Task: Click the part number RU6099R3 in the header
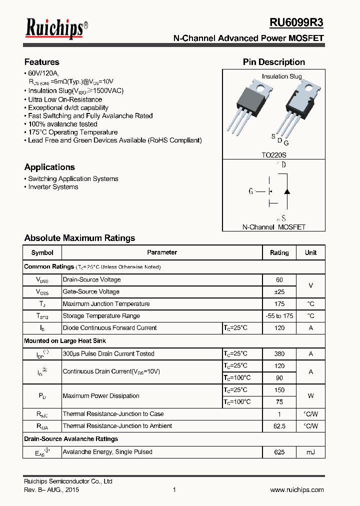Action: (x=296, y=23)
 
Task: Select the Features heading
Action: (x=42, y=62)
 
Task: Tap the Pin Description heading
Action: (x=273, y=62)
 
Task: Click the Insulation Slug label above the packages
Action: (x=282, y=76)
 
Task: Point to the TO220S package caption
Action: (x=274, y=155)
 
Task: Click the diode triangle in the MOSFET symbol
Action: (x=287, y=191)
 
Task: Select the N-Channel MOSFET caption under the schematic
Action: (x=273, y=227)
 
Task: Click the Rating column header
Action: (x=279, y=252)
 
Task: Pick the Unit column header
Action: (x=310, y=252)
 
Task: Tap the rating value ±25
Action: (x=279, y=291)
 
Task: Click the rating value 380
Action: (x=279, y=353)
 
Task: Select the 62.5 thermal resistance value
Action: (x=279, y=426)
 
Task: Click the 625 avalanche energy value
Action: (x=279, y=452)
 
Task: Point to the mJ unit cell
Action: (x=310, y=452)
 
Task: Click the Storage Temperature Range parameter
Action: (x=101, y=316)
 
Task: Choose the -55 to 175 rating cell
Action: (x=279, y=316)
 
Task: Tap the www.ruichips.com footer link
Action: (x=296, y=490)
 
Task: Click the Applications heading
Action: (x=49, y=167)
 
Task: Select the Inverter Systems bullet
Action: (x=53, y=187)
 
